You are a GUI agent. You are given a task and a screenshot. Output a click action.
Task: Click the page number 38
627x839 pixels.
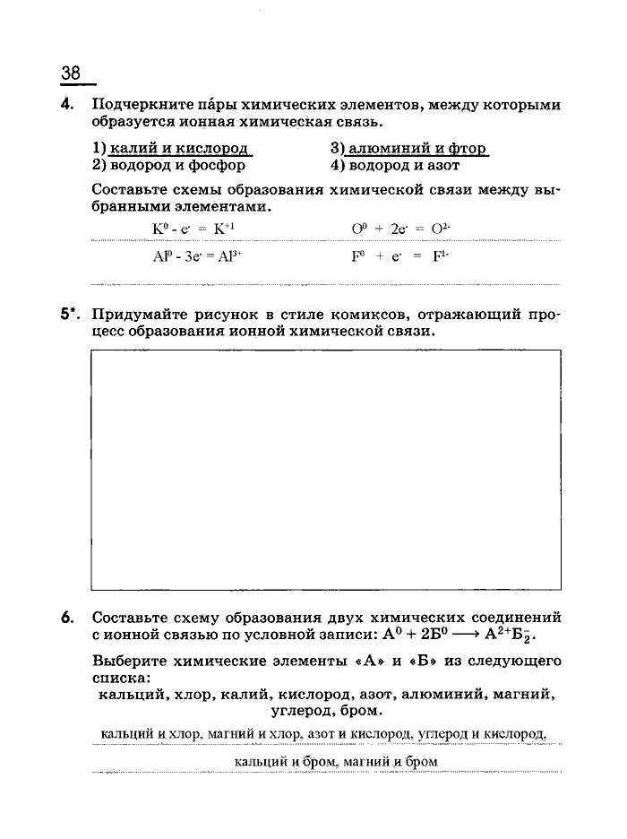click(71, 73)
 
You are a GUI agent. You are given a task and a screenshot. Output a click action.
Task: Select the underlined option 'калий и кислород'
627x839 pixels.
click(178, 149)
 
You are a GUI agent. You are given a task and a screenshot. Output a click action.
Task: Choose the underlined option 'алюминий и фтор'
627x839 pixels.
click(414, 149)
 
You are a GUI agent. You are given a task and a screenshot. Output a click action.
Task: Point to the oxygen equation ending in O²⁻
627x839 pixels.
click(399, 229)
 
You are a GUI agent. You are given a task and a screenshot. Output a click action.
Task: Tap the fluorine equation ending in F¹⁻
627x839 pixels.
click(399, 255)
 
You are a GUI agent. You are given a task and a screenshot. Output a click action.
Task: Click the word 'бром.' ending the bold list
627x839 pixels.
click(361, 711)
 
